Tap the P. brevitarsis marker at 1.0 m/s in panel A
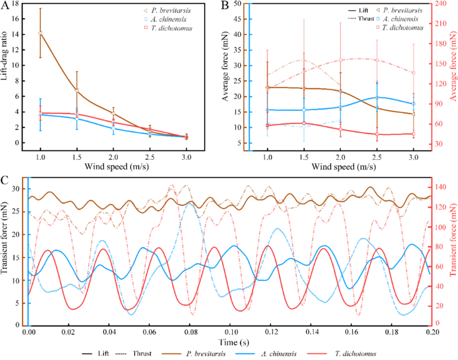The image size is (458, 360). pyautogui.click(x=40, y=33)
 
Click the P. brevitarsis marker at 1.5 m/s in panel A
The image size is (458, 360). pyautogui.click(x=77, y=90)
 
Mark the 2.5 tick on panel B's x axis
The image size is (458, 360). pyautogui.click(x=377, y=158)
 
